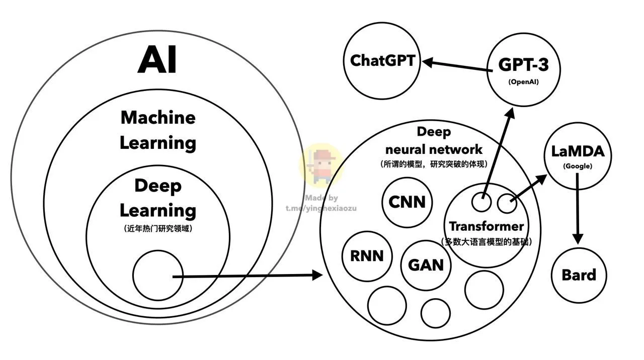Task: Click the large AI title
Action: (157, 59)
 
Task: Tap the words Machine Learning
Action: (158, 130)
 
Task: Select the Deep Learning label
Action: (158, 198)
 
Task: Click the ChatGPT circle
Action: (382, 61)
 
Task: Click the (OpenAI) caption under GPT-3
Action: (523, 81)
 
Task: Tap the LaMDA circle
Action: (578, 153)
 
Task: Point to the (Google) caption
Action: (578, 166)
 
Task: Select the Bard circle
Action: (579, 275)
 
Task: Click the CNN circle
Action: (407, 202)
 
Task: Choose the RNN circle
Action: (367, 256)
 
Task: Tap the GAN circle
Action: (426, 264)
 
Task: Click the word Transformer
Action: (486, 226)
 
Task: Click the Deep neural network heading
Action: (434, 141)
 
